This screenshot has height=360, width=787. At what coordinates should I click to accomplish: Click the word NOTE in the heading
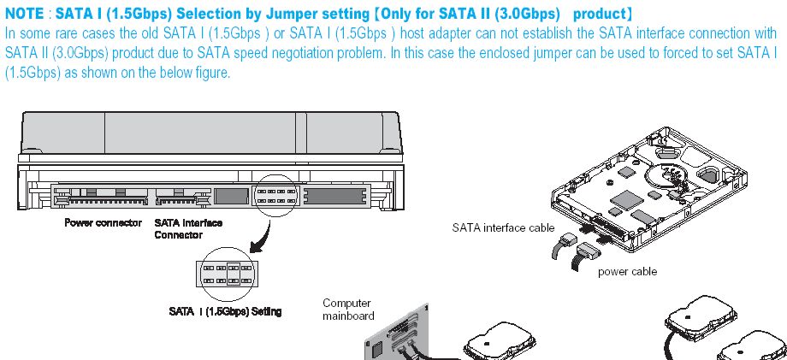(x=25, y=15)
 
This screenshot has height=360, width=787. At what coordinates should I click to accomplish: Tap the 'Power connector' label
(x=103, y=223)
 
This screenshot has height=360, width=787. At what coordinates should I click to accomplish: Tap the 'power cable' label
(x=627, y=271)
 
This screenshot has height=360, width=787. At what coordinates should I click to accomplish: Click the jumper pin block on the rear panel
(x=276, y=195)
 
